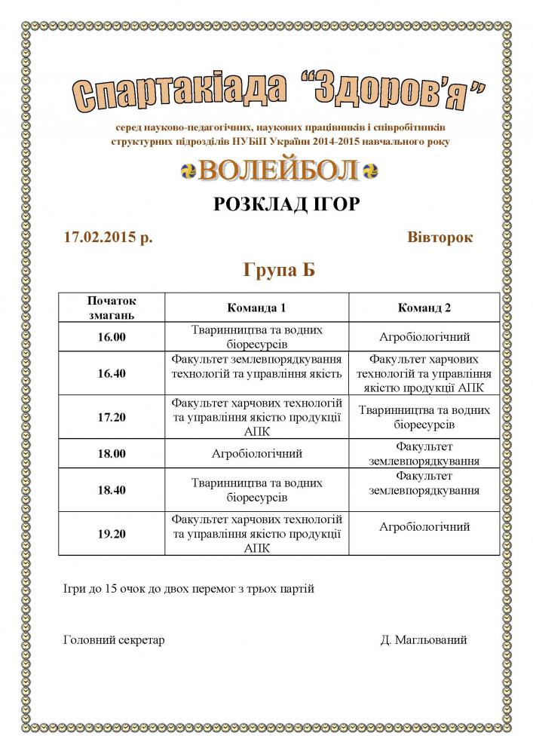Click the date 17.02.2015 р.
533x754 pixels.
pos(109,237)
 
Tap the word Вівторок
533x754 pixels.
pos(440,237)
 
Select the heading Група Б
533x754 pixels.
pos(278,270)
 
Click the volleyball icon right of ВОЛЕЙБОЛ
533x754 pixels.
pos(369,171)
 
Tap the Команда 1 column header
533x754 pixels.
pos(257,308)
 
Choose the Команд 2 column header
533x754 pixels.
pos(424,308)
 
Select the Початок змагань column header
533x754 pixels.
pos(112,307)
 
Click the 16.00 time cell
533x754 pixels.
pos(112,337)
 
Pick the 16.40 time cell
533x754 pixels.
pos(112,373)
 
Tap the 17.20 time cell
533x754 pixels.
pos(112,417)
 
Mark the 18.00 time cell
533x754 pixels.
pos(112,454)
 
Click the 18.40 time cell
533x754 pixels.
pos(112,490)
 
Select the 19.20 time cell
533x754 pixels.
pos(112,534)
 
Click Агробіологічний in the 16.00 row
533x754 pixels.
pos(424,337)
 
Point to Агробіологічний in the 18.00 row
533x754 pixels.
pos(257,454)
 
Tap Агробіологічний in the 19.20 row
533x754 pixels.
pos(424,526)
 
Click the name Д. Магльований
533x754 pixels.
pos(424,639)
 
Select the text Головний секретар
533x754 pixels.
pos(115,639)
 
